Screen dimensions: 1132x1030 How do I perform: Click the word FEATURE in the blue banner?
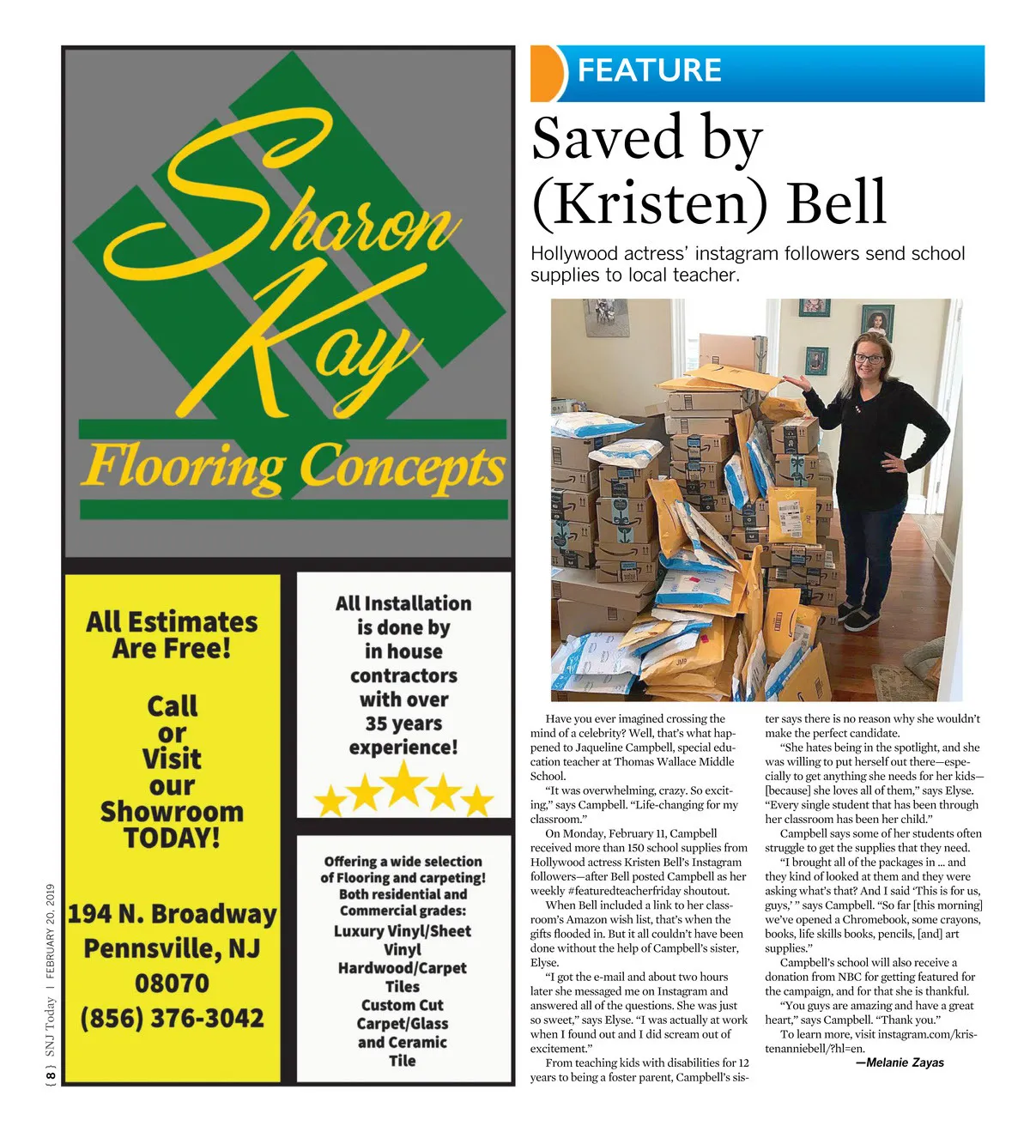(x=649, y=70)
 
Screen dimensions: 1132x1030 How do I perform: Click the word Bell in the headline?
(x=835, y=203)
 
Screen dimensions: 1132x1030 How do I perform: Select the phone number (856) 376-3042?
(x=172, y=1019)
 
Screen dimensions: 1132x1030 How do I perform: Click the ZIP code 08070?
(x=172, y=984)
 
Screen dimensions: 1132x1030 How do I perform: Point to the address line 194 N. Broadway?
(x=172, y=914)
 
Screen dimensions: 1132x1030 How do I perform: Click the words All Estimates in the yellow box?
(x=172, y=621)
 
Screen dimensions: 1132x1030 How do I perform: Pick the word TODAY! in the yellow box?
(x=172, y=838)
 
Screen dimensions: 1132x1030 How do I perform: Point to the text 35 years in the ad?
(x=403, y=723)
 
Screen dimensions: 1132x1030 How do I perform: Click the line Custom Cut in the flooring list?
(x=403, y=1005)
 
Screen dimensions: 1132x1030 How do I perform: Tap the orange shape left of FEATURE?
(x=548, y=73)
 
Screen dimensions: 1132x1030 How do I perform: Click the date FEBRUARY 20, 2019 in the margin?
(x=51, y=931)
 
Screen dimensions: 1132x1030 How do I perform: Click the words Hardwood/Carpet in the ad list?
(x=403, y=968)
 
